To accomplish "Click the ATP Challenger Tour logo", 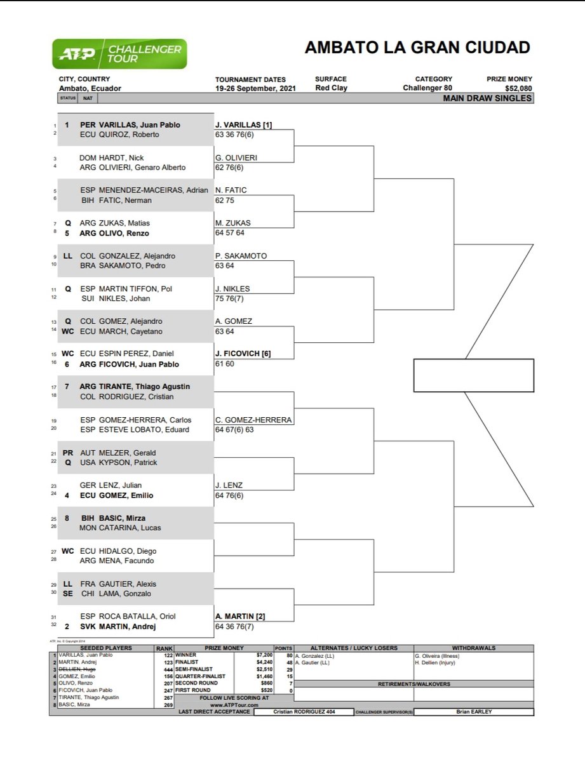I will (120, 54).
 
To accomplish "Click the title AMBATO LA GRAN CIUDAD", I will (417, 48).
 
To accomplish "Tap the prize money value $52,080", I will (518, 88).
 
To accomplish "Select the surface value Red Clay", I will (331, 88).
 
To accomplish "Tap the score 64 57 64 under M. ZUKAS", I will (230, 233).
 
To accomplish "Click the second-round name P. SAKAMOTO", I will (241, 256).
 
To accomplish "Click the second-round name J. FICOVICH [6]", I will (243, 354).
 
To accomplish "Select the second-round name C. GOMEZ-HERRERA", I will (253, 420).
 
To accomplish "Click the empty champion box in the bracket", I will (473, 375).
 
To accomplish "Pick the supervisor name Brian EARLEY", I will (473, 712).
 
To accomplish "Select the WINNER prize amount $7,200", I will (267, 654).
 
